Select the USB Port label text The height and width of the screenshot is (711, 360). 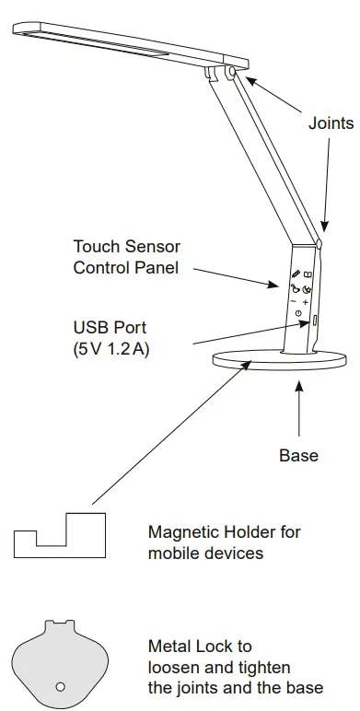click(110, 328)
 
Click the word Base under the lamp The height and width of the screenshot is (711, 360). click(298, 455)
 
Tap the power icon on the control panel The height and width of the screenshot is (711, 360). click(298, 315)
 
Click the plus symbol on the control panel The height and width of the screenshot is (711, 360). click(305, 301)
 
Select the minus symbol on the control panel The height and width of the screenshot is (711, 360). click(292, 300)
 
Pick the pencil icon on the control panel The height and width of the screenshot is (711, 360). click(296, 274)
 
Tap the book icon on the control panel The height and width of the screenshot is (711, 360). click(308, 274)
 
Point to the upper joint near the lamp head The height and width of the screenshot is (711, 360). click(228, 70)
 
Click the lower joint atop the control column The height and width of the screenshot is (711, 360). click(318, 244)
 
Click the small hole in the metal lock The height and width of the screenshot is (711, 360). click(60, 686)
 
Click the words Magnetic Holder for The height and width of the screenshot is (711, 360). click(224, 532)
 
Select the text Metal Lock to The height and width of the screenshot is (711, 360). click(200, 647)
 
